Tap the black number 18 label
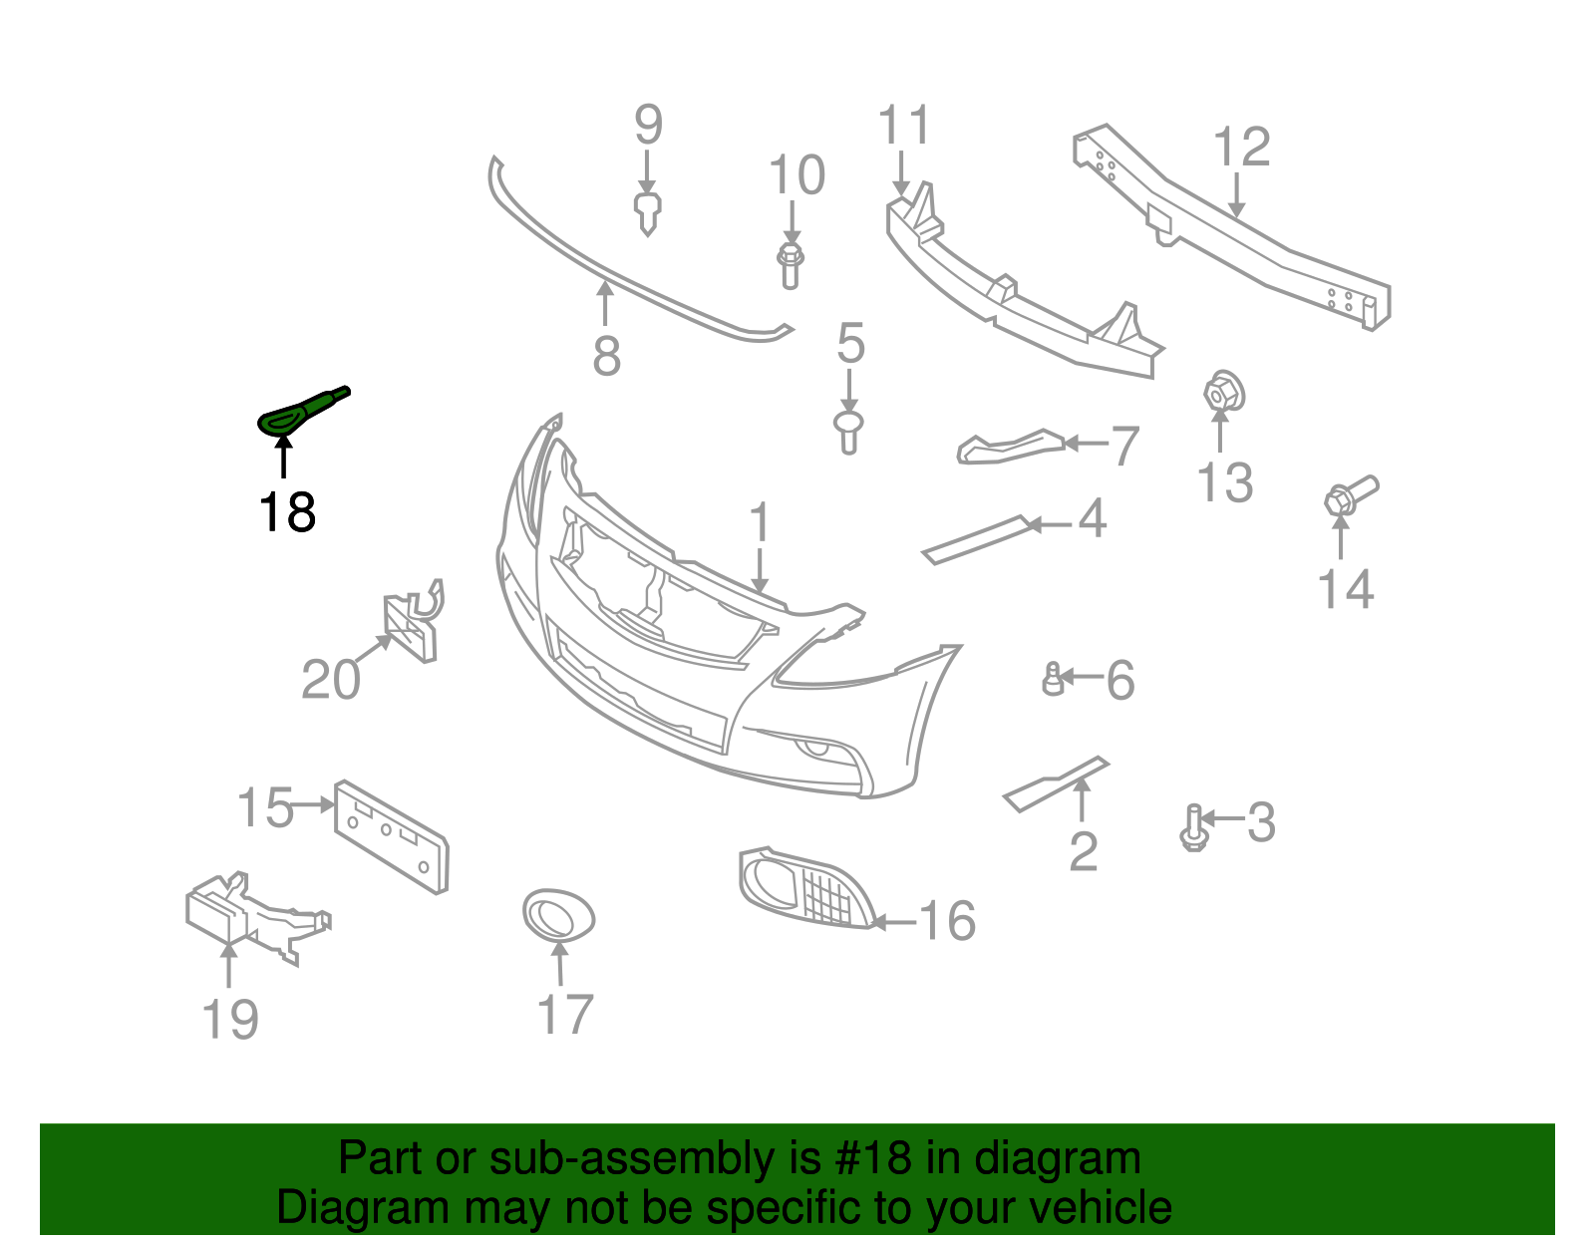click(286, 512)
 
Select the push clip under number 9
click(648, 212)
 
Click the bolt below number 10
click(790, 263)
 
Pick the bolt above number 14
click(1349, 495)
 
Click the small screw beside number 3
click(1193, 828)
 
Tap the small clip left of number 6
click(1053, 679)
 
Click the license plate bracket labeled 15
click(391, 836)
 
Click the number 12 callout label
click(1242, 147)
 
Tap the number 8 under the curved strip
click(606, 356)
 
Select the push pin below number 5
click(848, 433)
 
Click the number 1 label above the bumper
click(760, 522)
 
